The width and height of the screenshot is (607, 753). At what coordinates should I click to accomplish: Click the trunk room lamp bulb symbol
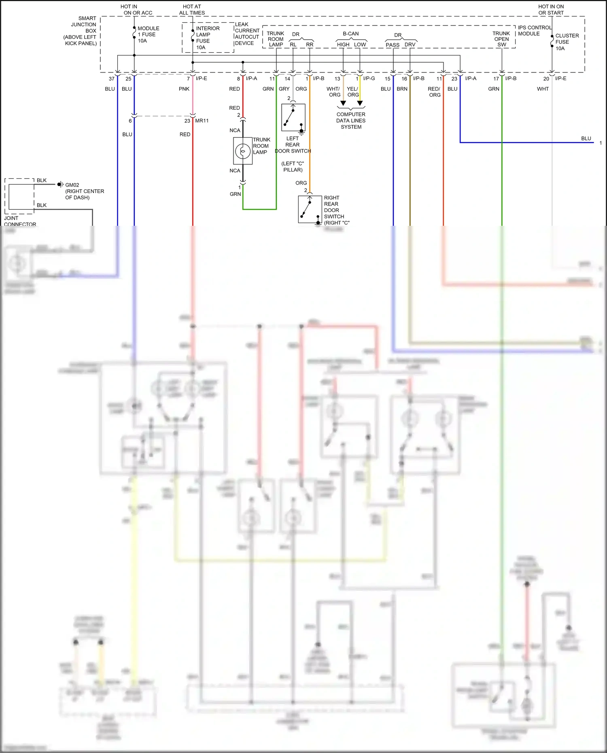pyautogui.click(x=243, y=151)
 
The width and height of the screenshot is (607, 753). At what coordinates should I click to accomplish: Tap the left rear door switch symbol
pyautogui.click(x=293, y=117)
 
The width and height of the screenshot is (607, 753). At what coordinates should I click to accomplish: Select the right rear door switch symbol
pyautogui.click(x=310, y=209)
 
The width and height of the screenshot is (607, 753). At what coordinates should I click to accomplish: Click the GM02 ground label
pyautogui.click(x=72, y=185)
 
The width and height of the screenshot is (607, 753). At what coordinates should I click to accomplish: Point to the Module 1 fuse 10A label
pyautogui.click(x=148, y=34)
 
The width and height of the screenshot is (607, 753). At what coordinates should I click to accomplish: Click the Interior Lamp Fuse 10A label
pyautogui.click(x=207, y=38)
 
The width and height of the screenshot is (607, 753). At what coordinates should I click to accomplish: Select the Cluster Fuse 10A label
pyautogui.click(x=567, y=42)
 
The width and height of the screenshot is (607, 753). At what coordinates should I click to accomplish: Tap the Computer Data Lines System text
pyautogui.click(x=351, y=121)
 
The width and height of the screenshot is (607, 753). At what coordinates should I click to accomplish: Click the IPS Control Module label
pyautogui.click(x=534, y=31)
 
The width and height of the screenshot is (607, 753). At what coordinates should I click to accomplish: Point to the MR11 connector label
pyautogui.click(x=202, y=121)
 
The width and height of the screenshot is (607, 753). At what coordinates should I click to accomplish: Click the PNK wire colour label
pyautogui.click(x=184, y=89)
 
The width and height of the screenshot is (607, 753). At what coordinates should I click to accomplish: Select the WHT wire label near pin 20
pyautogui.click(x=543, y=89)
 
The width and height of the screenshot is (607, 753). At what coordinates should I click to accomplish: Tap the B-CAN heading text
pyautogui.click(x=350, y=34)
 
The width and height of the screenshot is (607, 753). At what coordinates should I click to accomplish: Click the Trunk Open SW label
pyautogui.click(x=501, y=39)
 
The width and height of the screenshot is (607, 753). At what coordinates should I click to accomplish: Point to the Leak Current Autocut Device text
pyautogui.click(x=247, y=34)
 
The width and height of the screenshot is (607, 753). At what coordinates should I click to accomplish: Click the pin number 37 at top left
pyautogui.click(x=112, y=79)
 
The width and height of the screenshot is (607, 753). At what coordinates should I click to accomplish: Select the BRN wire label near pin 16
pyautogui.click(x=402, y=89)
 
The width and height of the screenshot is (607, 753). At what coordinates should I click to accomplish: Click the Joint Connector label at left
pyautogui.click(x=20, y=221)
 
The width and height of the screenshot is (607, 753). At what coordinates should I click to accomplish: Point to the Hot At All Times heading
pyautogui.click(x=192, y=10)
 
